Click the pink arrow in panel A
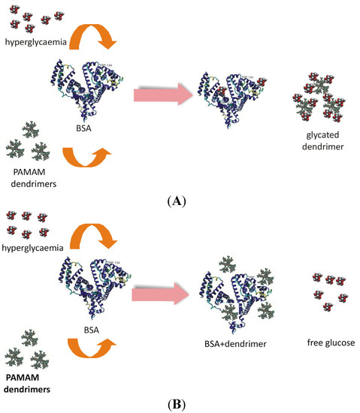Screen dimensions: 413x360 pyautogui.click(x=161, y=95)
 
